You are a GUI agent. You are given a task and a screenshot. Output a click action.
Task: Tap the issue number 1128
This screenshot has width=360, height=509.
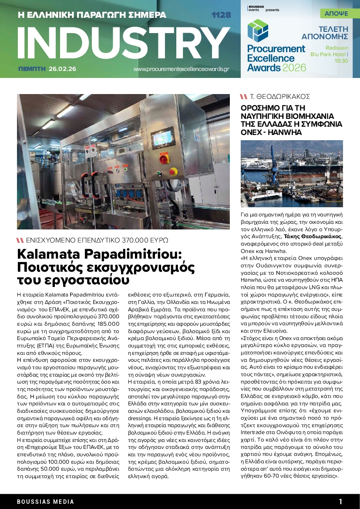(221, 15)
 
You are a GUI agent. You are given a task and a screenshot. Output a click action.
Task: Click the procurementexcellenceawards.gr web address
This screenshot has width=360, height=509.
(181, 69)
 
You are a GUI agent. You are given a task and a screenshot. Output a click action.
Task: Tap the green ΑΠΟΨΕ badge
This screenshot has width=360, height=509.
(336, 13)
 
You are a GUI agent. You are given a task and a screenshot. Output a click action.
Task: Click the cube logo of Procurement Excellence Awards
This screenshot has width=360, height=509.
(255, 31)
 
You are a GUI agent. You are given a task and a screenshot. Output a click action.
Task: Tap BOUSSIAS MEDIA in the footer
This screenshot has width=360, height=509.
(46, 502)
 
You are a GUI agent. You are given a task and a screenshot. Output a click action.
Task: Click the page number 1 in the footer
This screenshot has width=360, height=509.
(340, 501)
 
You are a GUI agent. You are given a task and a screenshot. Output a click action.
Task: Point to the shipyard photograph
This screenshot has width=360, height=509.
(292, 173)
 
